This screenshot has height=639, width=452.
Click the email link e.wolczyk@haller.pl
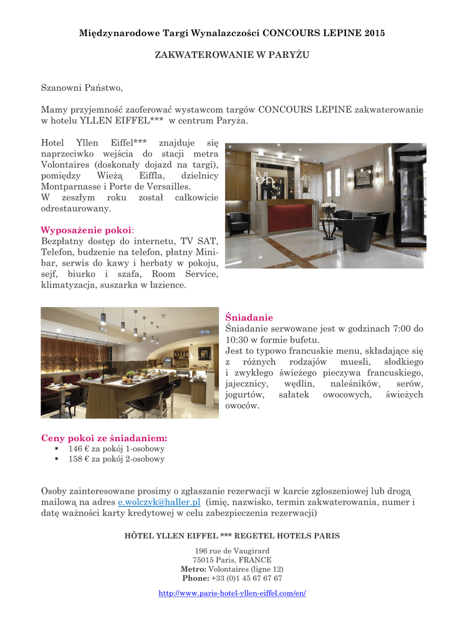[159, 502]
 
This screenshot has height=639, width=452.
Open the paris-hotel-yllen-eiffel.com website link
[232, 593]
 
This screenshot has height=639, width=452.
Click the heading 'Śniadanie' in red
[249, 317]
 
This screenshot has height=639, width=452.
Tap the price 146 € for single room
[75, 448]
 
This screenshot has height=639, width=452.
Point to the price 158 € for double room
[75, 459]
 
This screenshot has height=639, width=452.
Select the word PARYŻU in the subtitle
[289, 55]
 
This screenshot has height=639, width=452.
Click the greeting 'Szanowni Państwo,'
[78, 89]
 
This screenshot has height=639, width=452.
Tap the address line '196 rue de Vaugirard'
[232, 550]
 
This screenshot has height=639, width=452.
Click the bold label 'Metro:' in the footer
[193, 568]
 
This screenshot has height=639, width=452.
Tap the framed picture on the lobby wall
[363, 177]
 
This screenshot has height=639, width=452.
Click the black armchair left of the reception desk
[238, 222]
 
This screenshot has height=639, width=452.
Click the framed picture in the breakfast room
[204, 353]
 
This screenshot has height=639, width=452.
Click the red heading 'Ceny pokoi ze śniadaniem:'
[104, 438]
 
